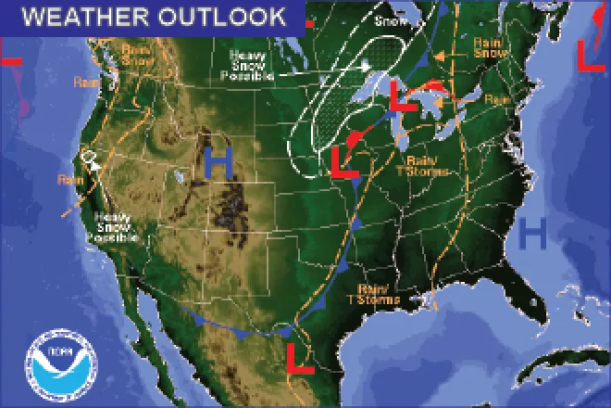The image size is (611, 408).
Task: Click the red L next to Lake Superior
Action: [401, 96]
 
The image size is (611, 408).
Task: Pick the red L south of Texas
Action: [299, 357]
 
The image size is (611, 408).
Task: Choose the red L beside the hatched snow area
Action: [343, 160]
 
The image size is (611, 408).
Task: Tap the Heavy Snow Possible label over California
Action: [112, 228]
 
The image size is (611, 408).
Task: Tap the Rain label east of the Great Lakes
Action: [497, 99]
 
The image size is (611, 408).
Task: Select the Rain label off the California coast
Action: [68, 179]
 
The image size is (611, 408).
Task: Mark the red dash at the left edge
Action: [10, 60]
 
